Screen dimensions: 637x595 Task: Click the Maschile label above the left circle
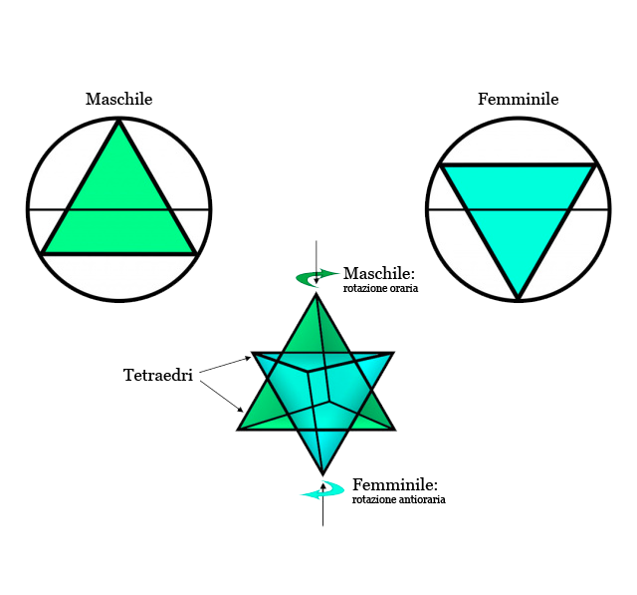[x=118, y=100]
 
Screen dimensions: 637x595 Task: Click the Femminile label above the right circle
[x=518, y=100]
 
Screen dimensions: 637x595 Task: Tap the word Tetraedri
[x=157, y=376]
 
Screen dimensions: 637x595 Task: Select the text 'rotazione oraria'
[x=380, y=289]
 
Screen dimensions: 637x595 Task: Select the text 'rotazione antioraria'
[x=398, y=499]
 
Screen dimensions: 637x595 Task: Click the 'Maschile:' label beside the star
[x=378, y=274]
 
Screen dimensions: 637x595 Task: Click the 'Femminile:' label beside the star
[x=394, y=484]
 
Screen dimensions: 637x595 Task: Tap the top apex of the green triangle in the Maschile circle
[x=119, y=122]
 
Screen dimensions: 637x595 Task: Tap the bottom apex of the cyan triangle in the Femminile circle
[x=518, y=297]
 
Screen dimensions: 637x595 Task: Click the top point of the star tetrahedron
[x=317, y=295]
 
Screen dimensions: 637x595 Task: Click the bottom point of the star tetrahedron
[x=322, y=472]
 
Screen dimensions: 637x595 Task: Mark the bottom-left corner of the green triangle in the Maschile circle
[x=43, y=253]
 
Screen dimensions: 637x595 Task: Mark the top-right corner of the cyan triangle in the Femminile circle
[x=596, y=165]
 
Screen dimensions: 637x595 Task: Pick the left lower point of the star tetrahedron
[x=239, y=429]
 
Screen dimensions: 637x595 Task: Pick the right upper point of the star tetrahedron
[x=393, y=353]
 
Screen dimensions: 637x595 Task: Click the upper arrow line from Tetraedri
[x=224, y=366]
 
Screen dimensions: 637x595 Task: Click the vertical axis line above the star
[x=317, y=254]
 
